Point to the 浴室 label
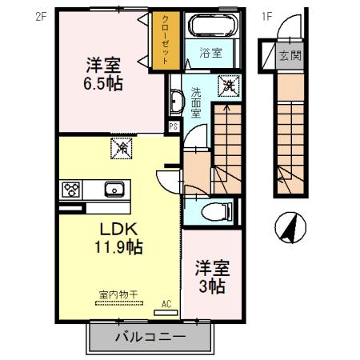point(210,55)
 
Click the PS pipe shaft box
point(173,126)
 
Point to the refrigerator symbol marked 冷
point(123,147)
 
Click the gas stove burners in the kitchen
point(69,190)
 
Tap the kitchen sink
point(114,190)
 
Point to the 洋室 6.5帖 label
point(104,72)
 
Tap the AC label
point(167,303)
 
